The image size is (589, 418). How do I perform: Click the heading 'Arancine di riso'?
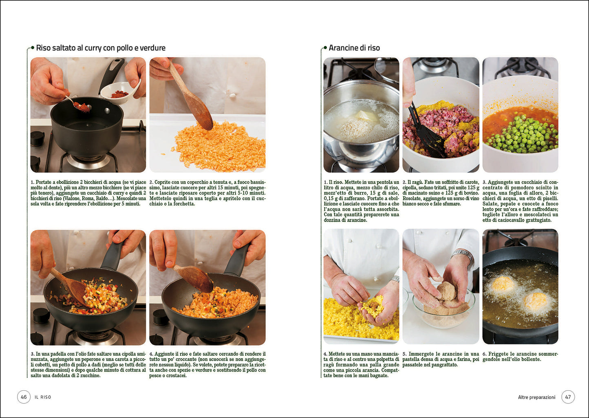pyautogui.click(x=354, y=48)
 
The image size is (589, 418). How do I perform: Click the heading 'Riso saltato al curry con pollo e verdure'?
pyautogui.click(x=100, y=48)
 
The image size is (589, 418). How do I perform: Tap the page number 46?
pyautogui.click(x=24, y=397)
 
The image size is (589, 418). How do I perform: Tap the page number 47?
pyautogui.click(x=568, y=397)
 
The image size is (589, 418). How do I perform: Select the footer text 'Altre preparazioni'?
pyautogui.click(x=536, y=397)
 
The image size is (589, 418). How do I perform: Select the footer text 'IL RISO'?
pyautogui.click(x=43, y=397)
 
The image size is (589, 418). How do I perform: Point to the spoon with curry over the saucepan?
pyautogui.click(x=81, y=106)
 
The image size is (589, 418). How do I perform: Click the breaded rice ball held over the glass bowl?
pyautogui.click(x=447, y=292)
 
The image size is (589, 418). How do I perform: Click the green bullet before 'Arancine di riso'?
pyautogui.click(x=325, y=48)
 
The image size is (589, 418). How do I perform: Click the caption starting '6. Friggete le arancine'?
pyautogui.click(x=520, y=357)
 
